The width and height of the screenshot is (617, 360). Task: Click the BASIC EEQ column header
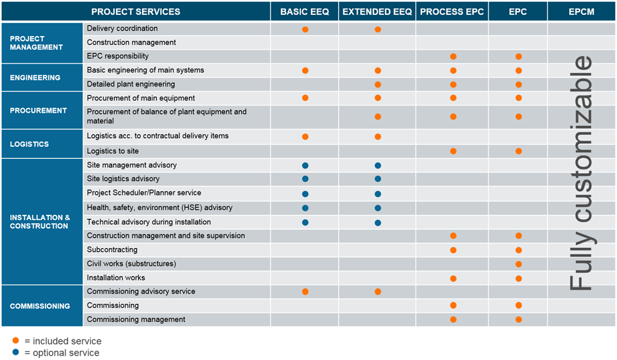click(305, 12)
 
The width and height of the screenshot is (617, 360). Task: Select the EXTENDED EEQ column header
click(378, 12)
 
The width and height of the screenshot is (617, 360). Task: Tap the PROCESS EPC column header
click(452, 12)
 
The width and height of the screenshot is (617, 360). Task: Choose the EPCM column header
click(581, 12)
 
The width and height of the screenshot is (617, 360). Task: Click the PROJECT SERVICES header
click(136, 12)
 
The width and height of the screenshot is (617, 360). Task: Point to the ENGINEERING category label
click(36, 78)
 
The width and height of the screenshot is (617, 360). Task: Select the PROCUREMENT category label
click(39, 110)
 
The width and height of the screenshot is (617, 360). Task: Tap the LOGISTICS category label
click(29, 144)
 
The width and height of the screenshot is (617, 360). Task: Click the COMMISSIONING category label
click(40, 306)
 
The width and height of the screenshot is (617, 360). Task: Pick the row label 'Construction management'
click(132, 42)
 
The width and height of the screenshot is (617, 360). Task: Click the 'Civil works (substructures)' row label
click(132, 263)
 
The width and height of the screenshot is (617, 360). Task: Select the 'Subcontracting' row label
click(112, 250)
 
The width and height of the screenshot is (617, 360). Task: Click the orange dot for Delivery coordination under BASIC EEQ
click(305, 29)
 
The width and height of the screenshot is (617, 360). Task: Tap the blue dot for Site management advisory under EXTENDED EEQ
click(378, 166)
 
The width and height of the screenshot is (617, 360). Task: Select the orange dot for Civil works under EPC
click(519, 264)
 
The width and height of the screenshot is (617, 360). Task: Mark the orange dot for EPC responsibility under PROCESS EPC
click(453, 57)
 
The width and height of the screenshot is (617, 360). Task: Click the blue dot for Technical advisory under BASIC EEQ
click(305, 222)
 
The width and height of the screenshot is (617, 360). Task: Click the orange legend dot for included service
click(16, 341)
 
